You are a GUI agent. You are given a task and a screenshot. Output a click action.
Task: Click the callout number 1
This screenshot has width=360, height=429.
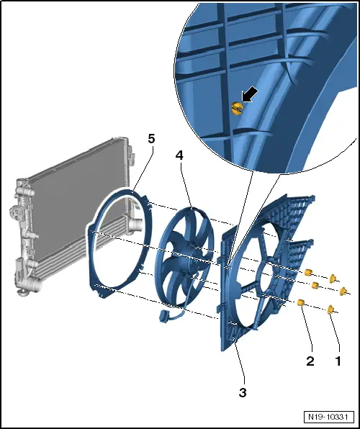[338, 361]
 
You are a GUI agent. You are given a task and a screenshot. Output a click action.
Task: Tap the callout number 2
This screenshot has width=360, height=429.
[310, 361]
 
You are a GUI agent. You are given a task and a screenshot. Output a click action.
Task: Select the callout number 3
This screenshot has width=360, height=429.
[243, 392]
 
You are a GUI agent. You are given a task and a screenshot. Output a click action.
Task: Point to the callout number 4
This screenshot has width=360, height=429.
[179, 155]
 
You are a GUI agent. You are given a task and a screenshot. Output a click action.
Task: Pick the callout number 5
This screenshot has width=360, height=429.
[151, 139]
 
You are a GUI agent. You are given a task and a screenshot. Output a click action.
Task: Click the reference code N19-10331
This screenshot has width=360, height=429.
[328, 417]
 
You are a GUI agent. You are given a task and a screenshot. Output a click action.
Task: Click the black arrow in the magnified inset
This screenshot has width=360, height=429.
[250, 95]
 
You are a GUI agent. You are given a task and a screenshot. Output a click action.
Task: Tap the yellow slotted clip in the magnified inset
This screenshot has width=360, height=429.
[237, 109]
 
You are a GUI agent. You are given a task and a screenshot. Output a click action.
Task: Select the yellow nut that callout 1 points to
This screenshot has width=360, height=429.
[331, 310]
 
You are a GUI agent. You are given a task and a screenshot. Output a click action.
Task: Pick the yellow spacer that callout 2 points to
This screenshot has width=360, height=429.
[301, 302]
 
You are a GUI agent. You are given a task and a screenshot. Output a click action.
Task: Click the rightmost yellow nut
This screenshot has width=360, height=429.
[343, 291]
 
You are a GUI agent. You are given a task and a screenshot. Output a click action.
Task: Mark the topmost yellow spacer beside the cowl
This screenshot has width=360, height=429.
[308, 272]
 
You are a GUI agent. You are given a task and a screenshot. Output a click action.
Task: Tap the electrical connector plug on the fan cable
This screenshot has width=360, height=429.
[163, 316]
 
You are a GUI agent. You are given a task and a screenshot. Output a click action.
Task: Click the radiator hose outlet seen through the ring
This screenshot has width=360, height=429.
[135, 225]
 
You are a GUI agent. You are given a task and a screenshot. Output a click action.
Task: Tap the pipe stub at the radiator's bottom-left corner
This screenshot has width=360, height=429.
[35, 284]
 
